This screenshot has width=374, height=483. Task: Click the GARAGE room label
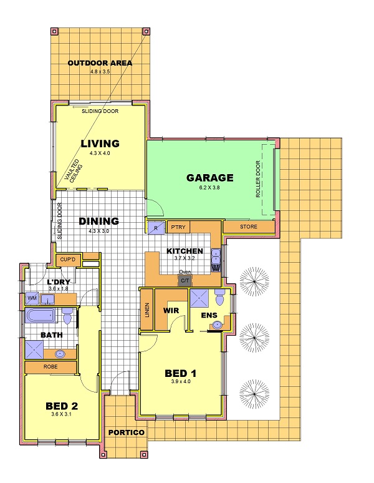pyautogui.click(x=210, y=178)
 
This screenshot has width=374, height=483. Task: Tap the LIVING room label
pyautogui.click(x=100, y=144)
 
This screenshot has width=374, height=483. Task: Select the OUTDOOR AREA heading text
pyautogui.click(x=100, y=63)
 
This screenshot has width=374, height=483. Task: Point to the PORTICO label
pyautogui.click(x=126, y=432)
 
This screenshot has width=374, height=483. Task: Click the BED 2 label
pyautogui.click(x=62, y=406)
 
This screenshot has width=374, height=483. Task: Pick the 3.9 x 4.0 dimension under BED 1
pyautogui.click(x=181, y=381)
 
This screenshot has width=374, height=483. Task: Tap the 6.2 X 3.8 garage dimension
pyautogui.click(x=209, y=187)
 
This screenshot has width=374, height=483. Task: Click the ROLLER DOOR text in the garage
pyautogui.click(x=258, y=178)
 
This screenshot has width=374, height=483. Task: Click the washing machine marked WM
pyautogui.click(x=32, y=298)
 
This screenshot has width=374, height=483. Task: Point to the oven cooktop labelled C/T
pyautogui.click(x=185, y=281)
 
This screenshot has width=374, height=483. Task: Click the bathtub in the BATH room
pyautogui.click(x=41, y=315)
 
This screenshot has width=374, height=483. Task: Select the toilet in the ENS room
pyautogui.click(x=220, y=296)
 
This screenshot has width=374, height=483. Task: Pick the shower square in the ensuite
pyautogui.click(x=199, y=298)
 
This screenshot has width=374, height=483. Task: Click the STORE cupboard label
pyautogui.click(x=249, y=227)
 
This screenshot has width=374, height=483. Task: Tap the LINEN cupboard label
pyautogui.click(x=147, y=310)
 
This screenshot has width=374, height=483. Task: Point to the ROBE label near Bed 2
pyautogui.click(x=50, y=366)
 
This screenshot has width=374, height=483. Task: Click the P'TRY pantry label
pyautogui.click(x=178, y=227)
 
